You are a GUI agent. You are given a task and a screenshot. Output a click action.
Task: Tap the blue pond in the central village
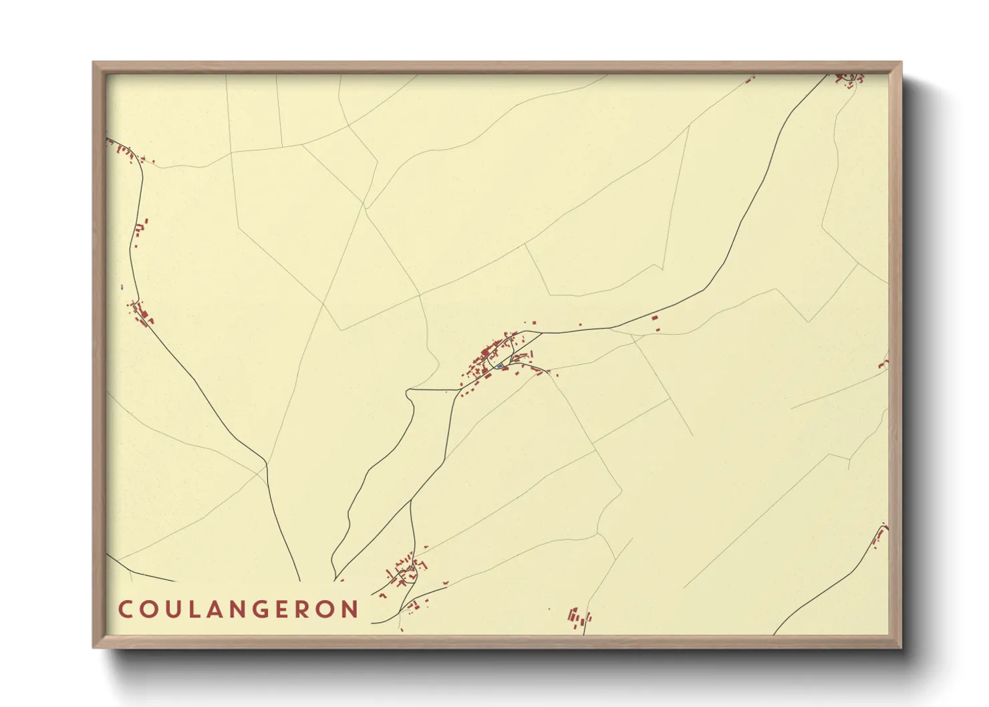pos(499,366)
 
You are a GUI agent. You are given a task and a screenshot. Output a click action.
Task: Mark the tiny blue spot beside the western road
pos(122,287)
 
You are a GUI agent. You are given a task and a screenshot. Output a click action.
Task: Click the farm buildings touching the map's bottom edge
pos(578,618)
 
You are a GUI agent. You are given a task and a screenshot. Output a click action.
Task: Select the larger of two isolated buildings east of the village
pos(655,318)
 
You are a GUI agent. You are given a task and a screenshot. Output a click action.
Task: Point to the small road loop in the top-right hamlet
pos(849,80)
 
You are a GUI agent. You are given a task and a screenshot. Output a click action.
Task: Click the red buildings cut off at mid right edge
pos(883,364)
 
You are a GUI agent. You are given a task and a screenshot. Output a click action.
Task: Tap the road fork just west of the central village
pos(458,388)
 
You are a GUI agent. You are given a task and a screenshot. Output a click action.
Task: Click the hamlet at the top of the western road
pos(127,153)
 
